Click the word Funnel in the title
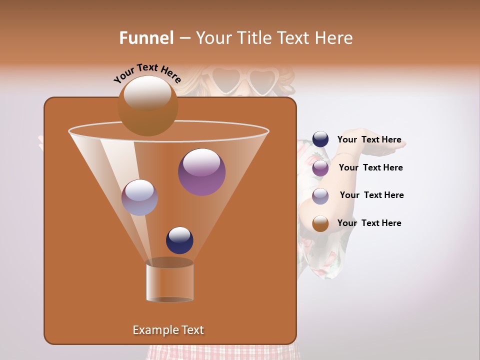click(146, 38)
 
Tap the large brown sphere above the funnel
click(147, 106)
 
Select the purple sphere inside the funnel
click(201, 172)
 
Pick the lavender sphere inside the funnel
click(139, 197)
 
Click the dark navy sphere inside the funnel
click(179, 240)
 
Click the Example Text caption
click(168, 330)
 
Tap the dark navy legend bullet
click(320, 139)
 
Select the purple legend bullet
click(320, 168)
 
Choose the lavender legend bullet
click(320, 196)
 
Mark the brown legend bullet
click(320, 223)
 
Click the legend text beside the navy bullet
click(369, 140)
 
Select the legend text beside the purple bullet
click(370, 168)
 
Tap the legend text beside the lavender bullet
click(371, 195)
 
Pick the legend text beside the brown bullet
click(369, 223)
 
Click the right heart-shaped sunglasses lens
click(262, 80)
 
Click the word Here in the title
click(334, 38)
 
